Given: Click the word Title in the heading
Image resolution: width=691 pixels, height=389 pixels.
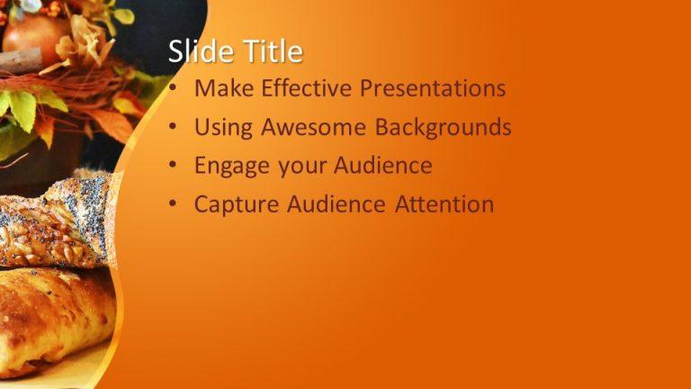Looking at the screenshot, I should tap(271, 52).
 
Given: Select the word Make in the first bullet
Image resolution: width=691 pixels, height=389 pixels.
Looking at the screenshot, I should tap(221, 89).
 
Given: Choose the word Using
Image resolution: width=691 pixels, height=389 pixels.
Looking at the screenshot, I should tap(223, 128).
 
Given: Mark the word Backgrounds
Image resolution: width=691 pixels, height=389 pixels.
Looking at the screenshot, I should tap(444, 128).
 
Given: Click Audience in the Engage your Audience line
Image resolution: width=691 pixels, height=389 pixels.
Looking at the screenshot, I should tap(383, 167).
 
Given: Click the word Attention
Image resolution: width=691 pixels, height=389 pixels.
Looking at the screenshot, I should tap(444, 204).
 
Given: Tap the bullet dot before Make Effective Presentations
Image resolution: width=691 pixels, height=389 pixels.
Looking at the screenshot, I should tap(173, 90).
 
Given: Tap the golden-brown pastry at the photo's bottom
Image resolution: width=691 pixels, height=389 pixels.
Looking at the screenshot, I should tap(54, 315).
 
